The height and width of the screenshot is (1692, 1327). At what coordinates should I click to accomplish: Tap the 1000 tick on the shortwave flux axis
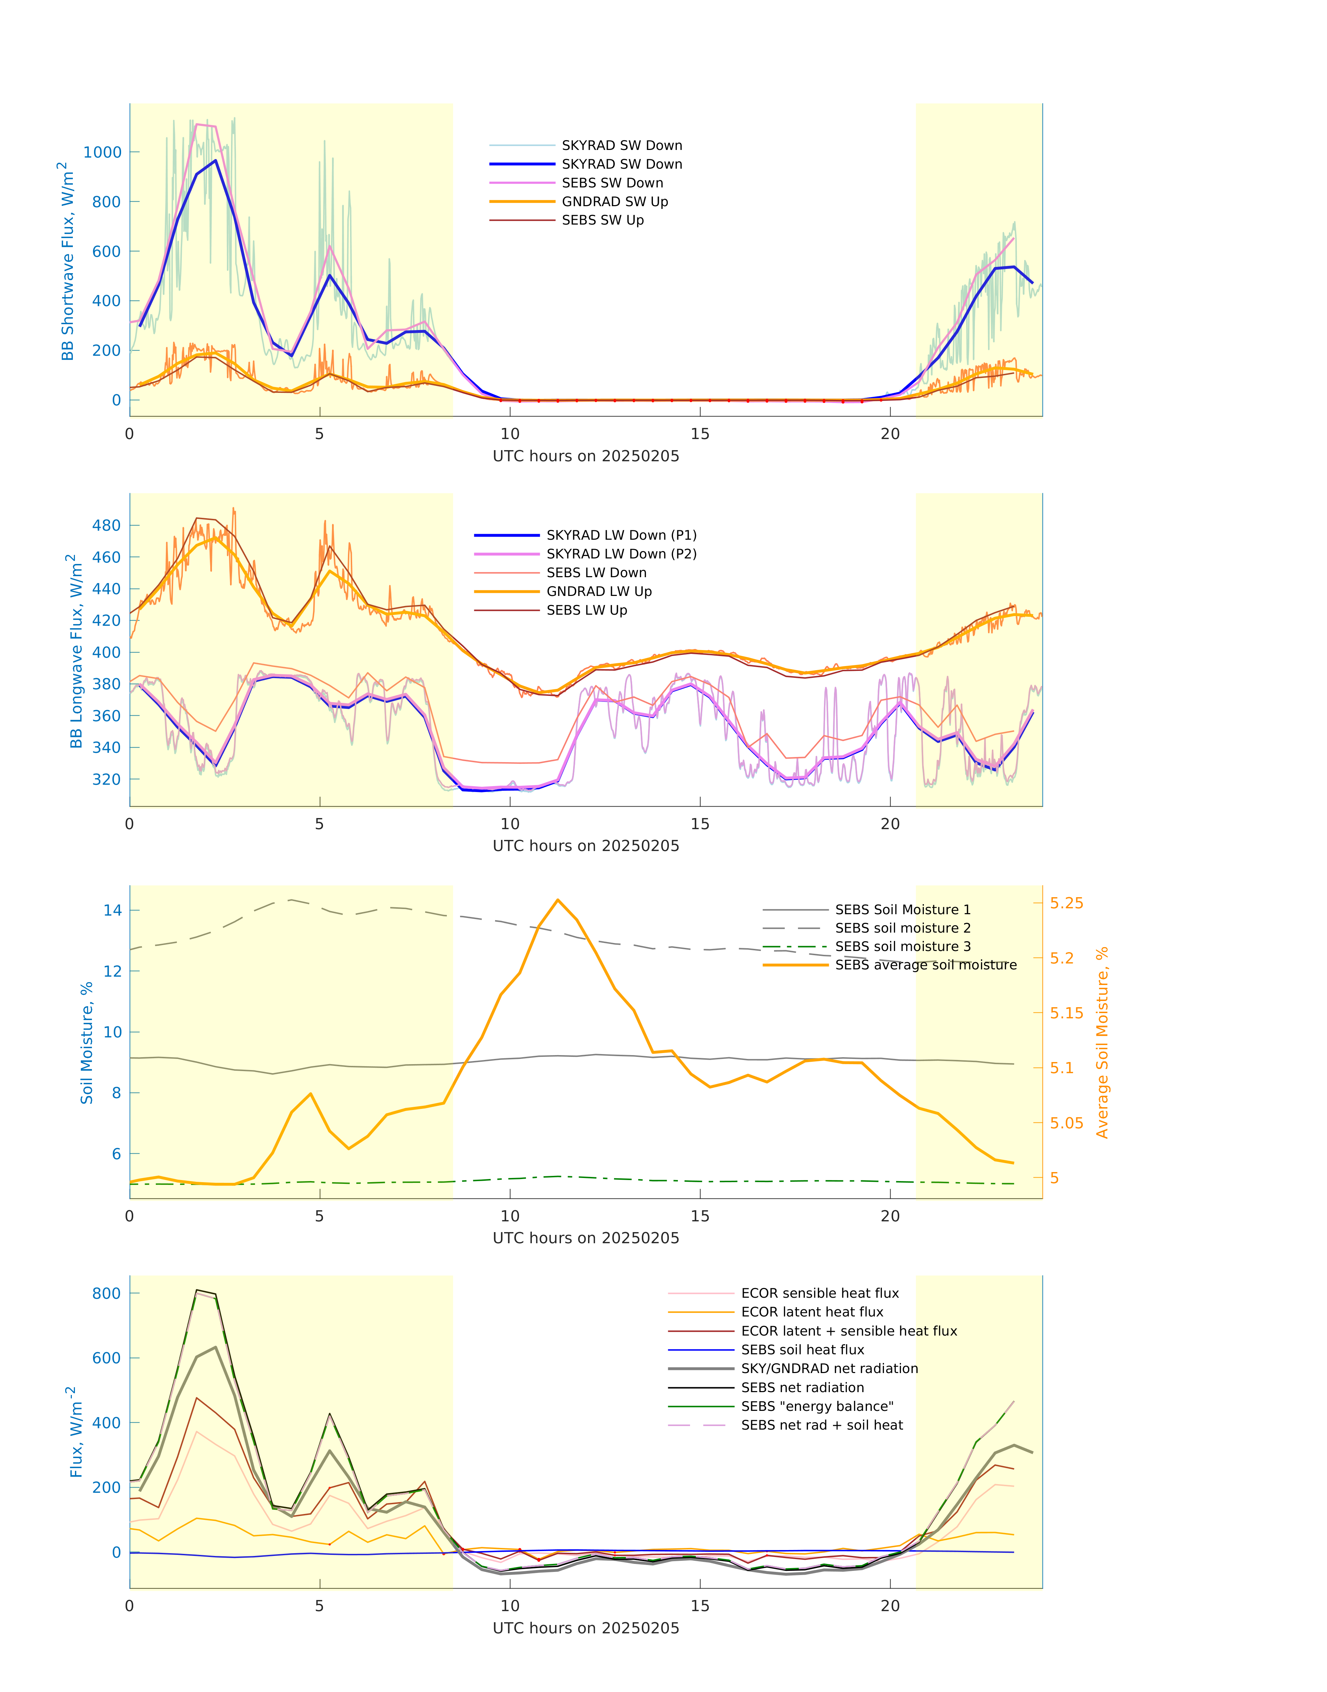103,152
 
